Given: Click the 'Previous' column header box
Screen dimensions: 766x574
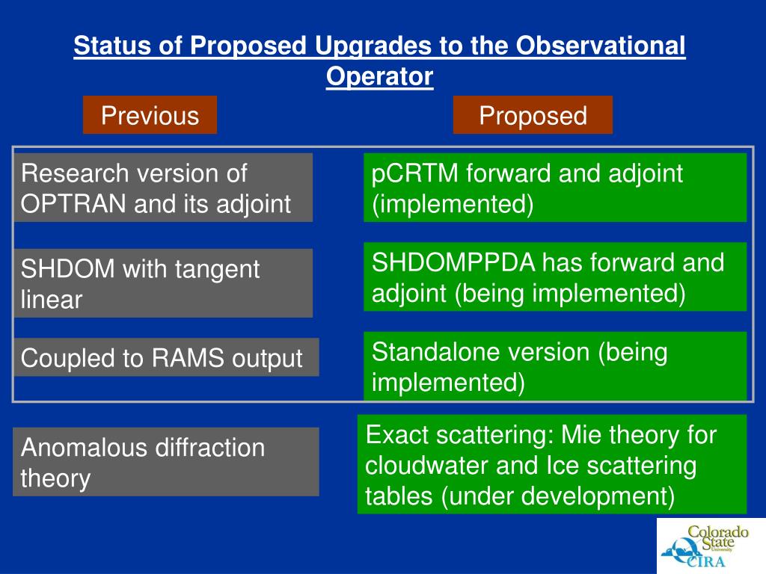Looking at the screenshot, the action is (x=150, y=114).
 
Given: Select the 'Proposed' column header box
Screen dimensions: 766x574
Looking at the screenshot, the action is (x=533, y=114).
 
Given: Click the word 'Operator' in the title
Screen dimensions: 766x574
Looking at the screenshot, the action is (x=379, y=77).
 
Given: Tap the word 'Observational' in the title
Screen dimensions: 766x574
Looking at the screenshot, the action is (x=601, y=46).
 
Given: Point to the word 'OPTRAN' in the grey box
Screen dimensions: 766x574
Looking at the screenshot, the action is (x=73, y=203).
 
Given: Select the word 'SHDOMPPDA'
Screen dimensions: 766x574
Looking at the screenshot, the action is (x=453, y=262).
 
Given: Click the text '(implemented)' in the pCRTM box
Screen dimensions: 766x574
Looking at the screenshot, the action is (x=453, y=204).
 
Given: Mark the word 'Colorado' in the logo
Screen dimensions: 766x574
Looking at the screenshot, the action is (x=718, y=531).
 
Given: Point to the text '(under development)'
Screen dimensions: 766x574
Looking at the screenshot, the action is (x=558, y=496).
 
